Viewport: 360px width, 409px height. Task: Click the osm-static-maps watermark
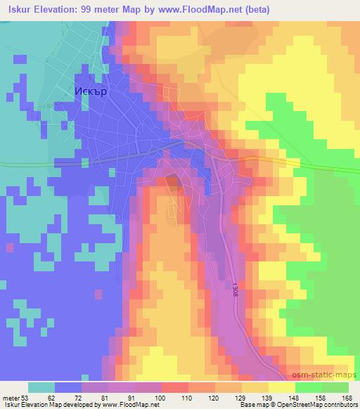[x=327, y=377]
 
